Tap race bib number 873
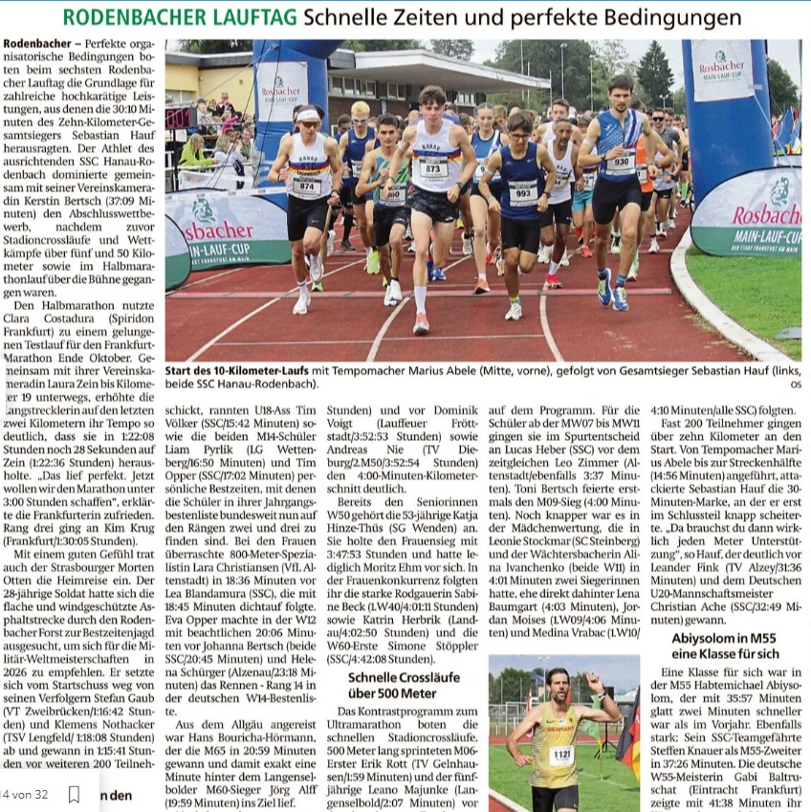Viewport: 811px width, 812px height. [x=433, y=169]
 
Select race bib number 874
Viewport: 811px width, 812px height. [x=306, y=186]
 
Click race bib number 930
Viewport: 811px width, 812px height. [x=620, y=164]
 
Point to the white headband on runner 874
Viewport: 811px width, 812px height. [x=308, y=115]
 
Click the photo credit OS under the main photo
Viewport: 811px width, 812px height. [x=796, y=384]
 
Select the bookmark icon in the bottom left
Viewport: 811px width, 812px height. [x=74, y=794]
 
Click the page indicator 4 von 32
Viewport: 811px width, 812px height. [x=26, y=794]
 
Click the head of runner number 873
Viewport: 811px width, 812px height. [x=432, y=99]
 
